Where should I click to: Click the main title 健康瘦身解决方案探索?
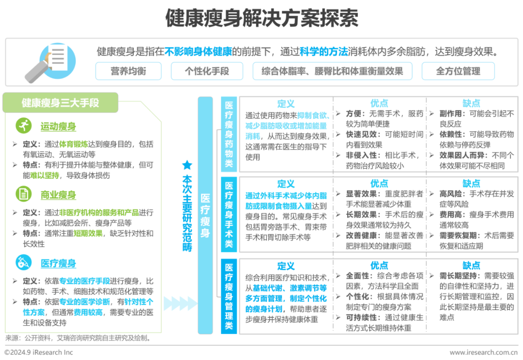[262, 17]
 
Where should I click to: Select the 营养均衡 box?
[128, 71]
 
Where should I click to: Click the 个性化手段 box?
[207, 71]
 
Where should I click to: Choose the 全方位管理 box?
[458, 71]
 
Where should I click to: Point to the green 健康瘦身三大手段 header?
[61, 103]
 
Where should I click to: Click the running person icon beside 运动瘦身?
[24, 126]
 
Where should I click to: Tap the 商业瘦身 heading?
[59, 195]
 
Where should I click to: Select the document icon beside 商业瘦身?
[24, 194]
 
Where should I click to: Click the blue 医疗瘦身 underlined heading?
[59, 263]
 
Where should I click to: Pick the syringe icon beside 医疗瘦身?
[24, 262]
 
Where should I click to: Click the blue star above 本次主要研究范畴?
[187, 165]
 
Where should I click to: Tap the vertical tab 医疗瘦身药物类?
[229, 134]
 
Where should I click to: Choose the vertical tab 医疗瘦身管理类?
[229, 296]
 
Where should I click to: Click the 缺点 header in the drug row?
[471, 103]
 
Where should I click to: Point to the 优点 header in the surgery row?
[379, 184]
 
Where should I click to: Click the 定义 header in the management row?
[286, 266]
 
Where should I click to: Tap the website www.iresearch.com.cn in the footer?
[484, 352]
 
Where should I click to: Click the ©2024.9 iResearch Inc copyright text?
[38, 352]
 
